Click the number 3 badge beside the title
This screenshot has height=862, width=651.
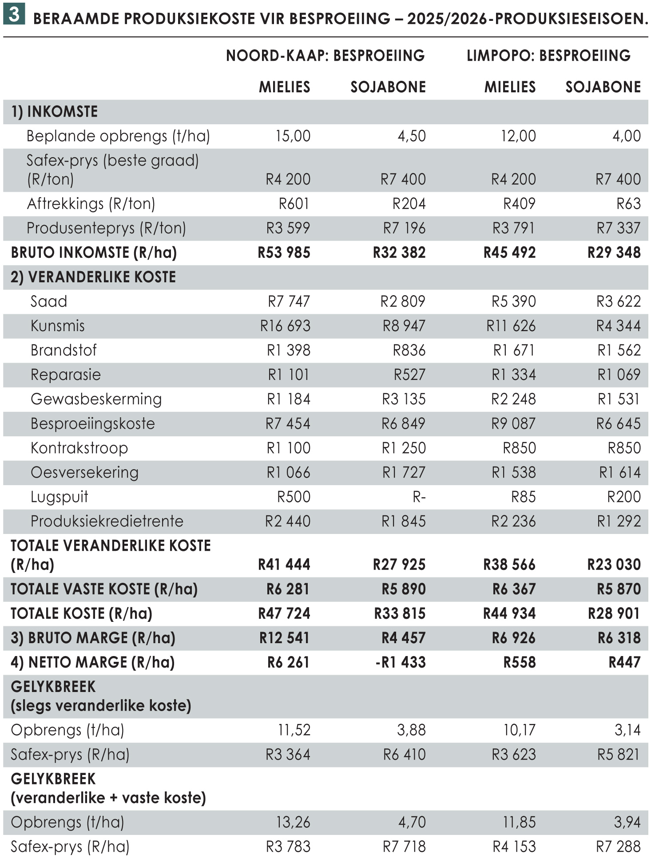14,15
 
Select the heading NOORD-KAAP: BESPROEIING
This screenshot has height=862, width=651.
325,55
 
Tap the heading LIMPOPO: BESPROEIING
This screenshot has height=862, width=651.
548,55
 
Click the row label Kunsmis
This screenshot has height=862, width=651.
57,326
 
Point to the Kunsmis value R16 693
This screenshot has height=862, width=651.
285,326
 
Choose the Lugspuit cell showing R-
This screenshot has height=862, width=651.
419,497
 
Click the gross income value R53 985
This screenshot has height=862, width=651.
284,253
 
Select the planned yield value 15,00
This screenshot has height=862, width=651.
293,136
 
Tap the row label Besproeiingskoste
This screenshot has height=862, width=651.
92,423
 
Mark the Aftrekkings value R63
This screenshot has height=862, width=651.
628,204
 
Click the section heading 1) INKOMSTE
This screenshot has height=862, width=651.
54,111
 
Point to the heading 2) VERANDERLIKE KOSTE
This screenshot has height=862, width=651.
93,277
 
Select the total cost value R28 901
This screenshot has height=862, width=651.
614,613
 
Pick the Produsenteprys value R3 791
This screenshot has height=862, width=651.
514,228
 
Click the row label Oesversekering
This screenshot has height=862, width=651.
84,472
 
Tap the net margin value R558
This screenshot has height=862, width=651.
519,662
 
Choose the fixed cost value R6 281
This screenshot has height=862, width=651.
288,589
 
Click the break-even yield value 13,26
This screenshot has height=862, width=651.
293,822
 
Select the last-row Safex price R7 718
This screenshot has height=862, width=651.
404,846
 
